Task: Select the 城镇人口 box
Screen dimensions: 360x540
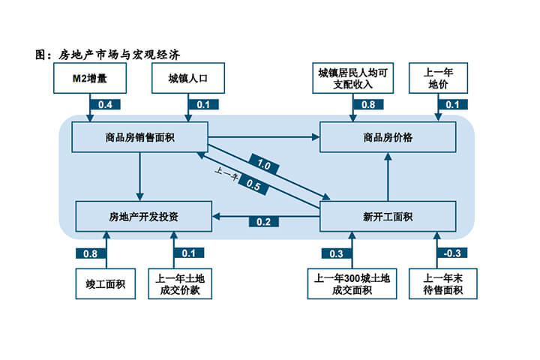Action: point(184,77)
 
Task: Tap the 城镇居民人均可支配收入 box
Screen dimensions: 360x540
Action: point(352,77)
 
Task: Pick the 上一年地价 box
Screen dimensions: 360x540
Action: point(439,77)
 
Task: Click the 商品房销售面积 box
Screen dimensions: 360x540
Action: point(139,137)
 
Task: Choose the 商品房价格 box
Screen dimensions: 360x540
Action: point(388,137)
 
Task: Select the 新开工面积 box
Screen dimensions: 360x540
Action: point(388,217)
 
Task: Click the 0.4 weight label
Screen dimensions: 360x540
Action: point(105,104)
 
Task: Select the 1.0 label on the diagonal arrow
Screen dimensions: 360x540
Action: point(264,163)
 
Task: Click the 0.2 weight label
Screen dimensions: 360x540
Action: point(264,221)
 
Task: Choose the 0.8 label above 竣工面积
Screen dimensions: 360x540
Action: point(90,253)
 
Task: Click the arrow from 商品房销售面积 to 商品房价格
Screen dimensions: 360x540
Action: point(262,136)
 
